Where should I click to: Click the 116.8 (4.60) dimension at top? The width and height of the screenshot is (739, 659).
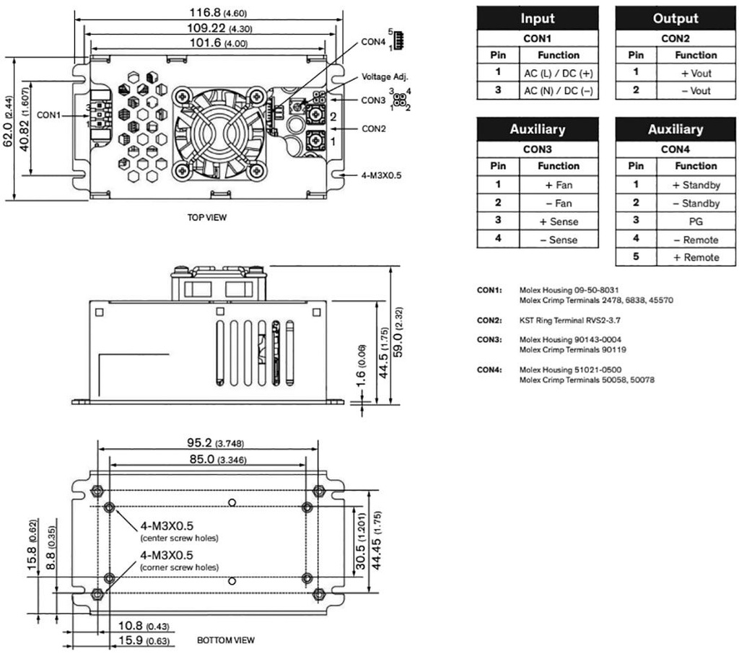(x=205, y=12)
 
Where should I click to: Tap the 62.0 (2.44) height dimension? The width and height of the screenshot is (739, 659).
(x=7, y=129)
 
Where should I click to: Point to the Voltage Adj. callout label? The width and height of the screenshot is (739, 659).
(x=385, y=77)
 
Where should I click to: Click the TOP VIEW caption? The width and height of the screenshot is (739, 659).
(x=206, y=217)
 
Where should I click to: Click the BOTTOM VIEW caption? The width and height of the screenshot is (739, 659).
(x=225, y=640)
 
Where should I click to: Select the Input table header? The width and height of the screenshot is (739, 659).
(x=538, y=18)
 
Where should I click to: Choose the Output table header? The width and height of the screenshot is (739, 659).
(x=675, y=18)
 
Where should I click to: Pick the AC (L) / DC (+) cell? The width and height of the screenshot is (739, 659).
(x=558, y=73)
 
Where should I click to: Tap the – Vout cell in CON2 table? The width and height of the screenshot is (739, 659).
(x=696, y=91)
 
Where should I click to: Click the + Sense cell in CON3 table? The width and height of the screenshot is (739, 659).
(x=558, y=222)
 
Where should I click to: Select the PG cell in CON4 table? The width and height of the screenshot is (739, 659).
(x=696, y=222)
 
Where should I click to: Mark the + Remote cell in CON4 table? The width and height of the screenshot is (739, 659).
(x=696, y=258)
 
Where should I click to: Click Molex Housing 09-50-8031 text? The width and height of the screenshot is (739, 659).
(x=569, y=290)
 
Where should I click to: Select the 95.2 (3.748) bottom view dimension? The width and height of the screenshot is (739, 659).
(x=206, y=443)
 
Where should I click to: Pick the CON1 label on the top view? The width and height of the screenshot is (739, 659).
(x=49, y=114)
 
